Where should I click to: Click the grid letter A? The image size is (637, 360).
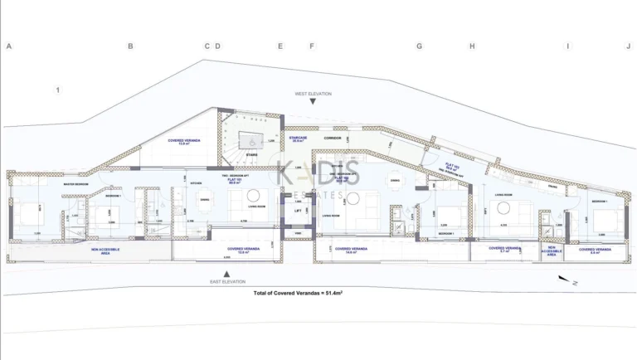(x=8, y=46)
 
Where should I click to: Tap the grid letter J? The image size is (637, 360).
(x=628, y=46)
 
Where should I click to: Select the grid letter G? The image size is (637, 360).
(x=419, y=46)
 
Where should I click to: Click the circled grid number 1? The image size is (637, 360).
(x=58, y=90)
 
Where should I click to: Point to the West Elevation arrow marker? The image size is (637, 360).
(x=311, y=102)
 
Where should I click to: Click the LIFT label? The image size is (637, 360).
(x=298, y=210)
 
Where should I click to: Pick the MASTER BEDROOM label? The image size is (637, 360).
(x=76, y=184)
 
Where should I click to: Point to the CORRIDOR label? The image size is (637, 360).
(x=333, y=138)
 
